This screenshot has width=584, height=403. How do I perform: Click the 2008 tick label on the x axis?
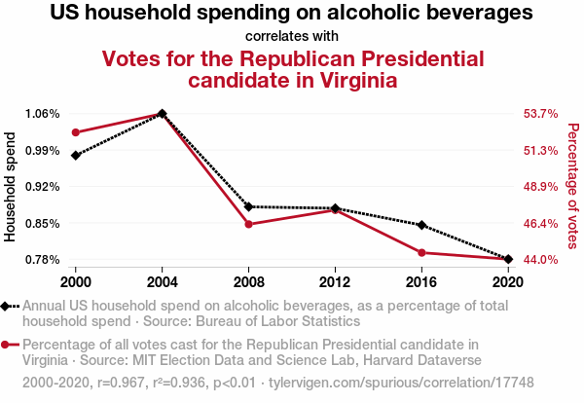pyautogui.click(x=249, y=281)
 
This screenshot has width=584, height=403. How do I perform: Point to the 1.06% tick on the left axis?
pyautogui.click(x=43, y=113)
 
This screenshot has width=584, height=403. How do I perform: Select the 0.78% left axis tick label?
pyautogui.click(x=43, y=259)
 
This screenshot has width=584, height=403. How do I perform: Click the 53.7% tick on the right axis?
pyautogui.click(x=540, y=113)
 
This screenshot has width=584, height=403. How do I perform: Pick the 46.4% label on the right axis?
pyautogui.click(x=540, y=223)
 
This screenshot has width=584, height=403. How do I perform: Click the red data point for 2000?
pyautogui.click(x=76, y=132)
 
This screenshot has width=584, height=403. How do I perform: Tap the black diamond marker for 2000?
pyautogui.click(x=76, y=155)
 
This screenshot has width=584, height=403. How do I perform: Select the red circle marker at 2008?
pyautogui.click(x=249, y=224)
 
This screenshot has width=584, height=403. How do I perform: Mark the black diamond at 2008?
pyautogui.click(x=249, y=206)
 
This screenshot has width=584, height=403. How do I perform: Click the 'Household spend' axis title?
pyautogui.click(x=11, y=186)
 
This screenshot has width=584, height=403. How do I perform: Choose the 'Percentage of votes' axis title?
pyautogui.click(x=572, y=186)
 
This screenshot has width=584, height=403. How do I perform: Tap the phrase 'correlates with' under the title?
pyautogui.click(x=292, y=36)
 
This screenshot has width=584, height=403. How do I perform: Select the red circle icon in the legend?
pyautogui.click(x=8, y=344)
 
